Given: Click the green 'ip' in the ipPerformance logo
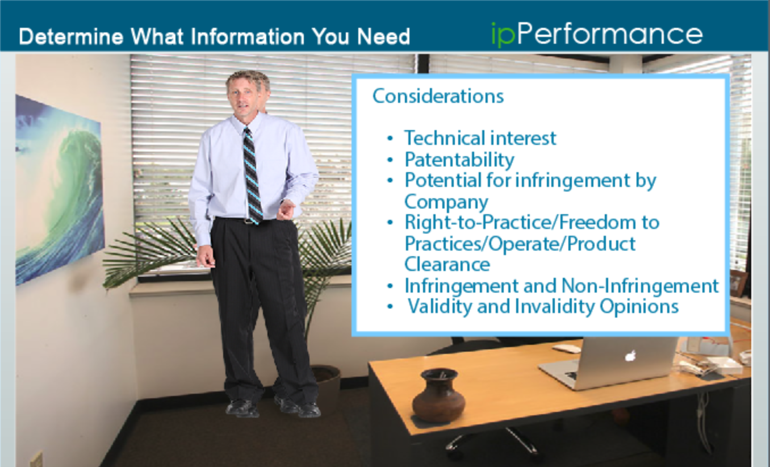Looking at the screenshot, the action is click(503, 35).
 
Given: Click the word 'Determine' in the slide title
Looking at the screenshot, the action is click(71, 36).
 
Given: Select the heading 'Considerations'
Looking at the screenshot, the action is click(438, 96).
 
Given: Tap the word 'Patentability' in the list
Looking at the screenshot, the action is click(459, 160).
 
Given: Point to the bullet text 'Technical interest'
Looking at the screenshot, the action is click(480, 138).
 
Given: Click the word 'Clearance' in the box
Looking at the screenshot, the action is click(447, 264).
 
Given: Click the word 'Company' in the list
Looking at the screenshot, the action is click(446, 202).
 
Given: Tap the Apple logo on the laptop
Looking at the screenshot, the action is click(630, 356).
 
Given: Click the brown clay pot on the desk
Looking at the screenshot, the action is click(438, 395).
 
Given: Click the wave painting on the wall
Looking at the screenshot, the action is click(59, 190).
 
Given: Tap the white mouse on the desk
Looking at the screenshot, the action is click(566, 348).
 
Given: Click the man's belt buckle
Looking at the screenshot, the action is click(249, 222).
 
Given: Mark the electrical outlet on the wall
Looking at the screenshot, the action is click(36, 459).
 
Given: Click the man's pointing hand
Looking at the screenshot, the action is click(286, 210).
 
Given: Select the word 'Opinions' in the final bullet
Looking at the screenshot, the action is click(639, 306).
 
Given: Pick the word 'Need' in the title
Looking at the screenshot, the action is click(384, 36).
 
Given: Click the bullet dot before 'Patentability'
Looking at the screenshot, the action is click(390, 160).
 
